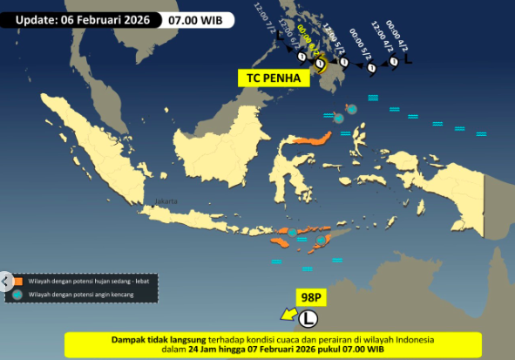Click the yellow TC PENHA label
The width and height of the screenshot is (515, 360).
point(274,78)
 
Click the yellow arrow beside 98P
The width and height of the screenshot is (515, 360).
point(287,314)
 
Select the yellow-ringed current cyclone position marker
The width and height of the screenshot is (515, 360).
point(321,63)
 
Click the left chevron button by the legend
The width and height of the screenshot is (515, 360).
point(5,281)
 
